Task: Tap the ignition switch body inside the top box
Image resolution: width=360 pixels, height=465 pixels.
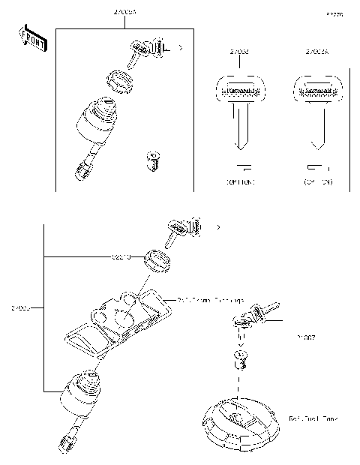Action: [x=97, y=124]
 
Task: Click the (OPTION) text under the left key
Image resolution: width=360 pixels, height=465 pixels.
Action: [x=240, y=182]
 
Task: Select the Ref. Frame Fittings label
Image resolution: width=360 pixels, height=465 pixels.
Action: [x=211, y=300]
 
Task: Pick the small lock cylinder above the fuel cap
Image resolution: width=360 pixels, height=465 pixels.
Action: [x=241, y=360]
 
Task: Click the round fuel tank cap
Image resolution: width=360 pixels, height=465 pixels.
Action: [x=237, y=421]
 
